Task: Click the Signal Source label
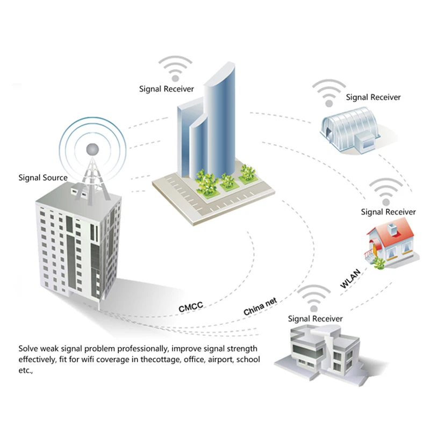coord(43,177)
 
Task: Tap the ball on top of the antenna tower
coord(94,148)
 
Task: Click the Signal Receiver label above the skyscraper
coord(167,89)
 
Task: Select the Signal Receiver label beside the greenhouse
coord(373,97)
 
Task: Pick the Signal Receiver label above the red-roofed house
coord(388,212)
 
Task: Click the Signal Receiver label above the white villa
coord(315,319)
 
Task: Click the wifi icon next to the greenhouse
coord(328,93)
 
